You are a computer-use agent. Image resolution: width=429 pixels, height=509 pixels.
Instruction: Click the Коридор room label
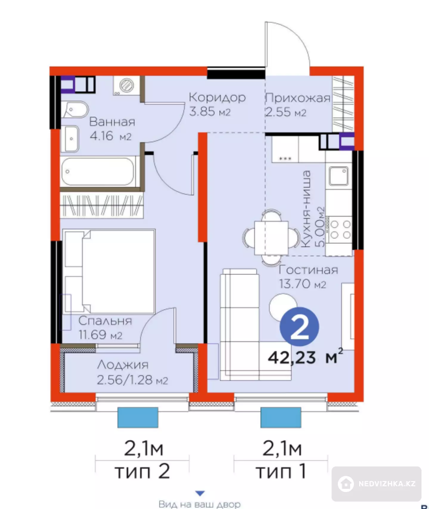(x=217, y=98)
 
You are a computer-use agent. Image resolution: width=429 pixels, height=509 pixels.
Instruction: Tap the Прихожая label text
(x=298, y=98)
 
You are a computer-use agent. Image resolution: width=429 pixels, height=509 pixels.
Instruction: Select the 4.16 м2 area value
(x=111, y=136)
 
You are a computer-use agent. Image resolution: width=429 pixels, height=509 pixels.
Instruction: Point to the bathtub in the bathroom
(x=98, y=172)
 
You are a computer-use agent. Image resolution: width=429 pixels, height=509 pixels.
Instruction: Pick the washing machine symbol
(x=126, y=85)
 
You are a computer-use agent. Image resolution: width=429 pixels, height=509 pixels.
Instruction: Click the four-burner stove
(x=340, y=230)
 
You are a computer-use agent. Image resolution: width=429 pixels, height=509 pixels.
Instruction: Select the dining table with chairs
(x=271, y=238)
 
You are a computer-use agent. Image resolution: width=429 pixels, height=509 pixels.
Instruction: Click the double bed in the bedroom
(x=109, y=271)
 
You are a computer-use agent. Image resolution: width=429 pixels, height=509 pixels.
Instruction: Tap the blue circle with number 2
(x=299, y=327)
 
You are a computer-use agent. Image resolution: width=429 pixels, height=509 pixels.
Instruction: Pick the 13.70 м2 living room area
(x=302, y=284)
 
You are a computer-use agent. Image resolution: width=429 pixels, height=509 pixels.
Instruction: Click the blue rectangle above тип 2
(x=138, y=417)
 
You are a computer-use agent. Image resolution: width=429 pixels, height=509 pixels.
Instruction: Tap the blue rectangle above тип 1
(x=281, y=417)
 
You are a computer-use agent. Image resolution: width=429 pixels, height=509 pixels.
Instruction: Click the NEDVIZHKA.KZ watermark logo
(x=377, y=484)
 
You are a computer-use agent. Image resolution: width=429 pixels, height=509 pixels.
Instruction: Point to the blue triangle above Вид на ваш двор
(x=200, y=493)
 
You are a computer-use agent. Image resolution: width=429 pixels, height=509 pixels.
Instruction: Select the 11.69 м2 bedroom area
(x=100, y=335)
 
